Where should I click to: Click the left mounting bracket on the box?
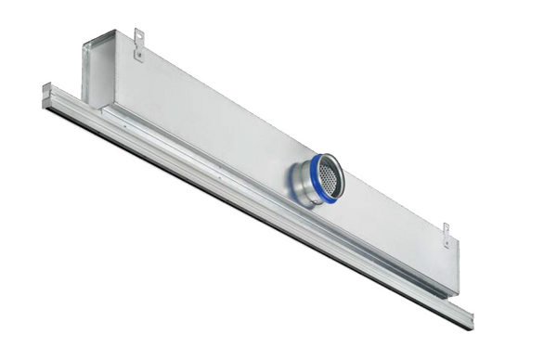139,43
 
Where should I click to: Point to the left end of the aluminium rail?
46,95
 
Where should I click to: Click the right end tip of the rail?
469,320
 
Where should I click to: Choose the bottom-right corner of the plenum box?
457,295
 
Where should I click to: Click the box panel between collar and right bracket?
390,223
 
